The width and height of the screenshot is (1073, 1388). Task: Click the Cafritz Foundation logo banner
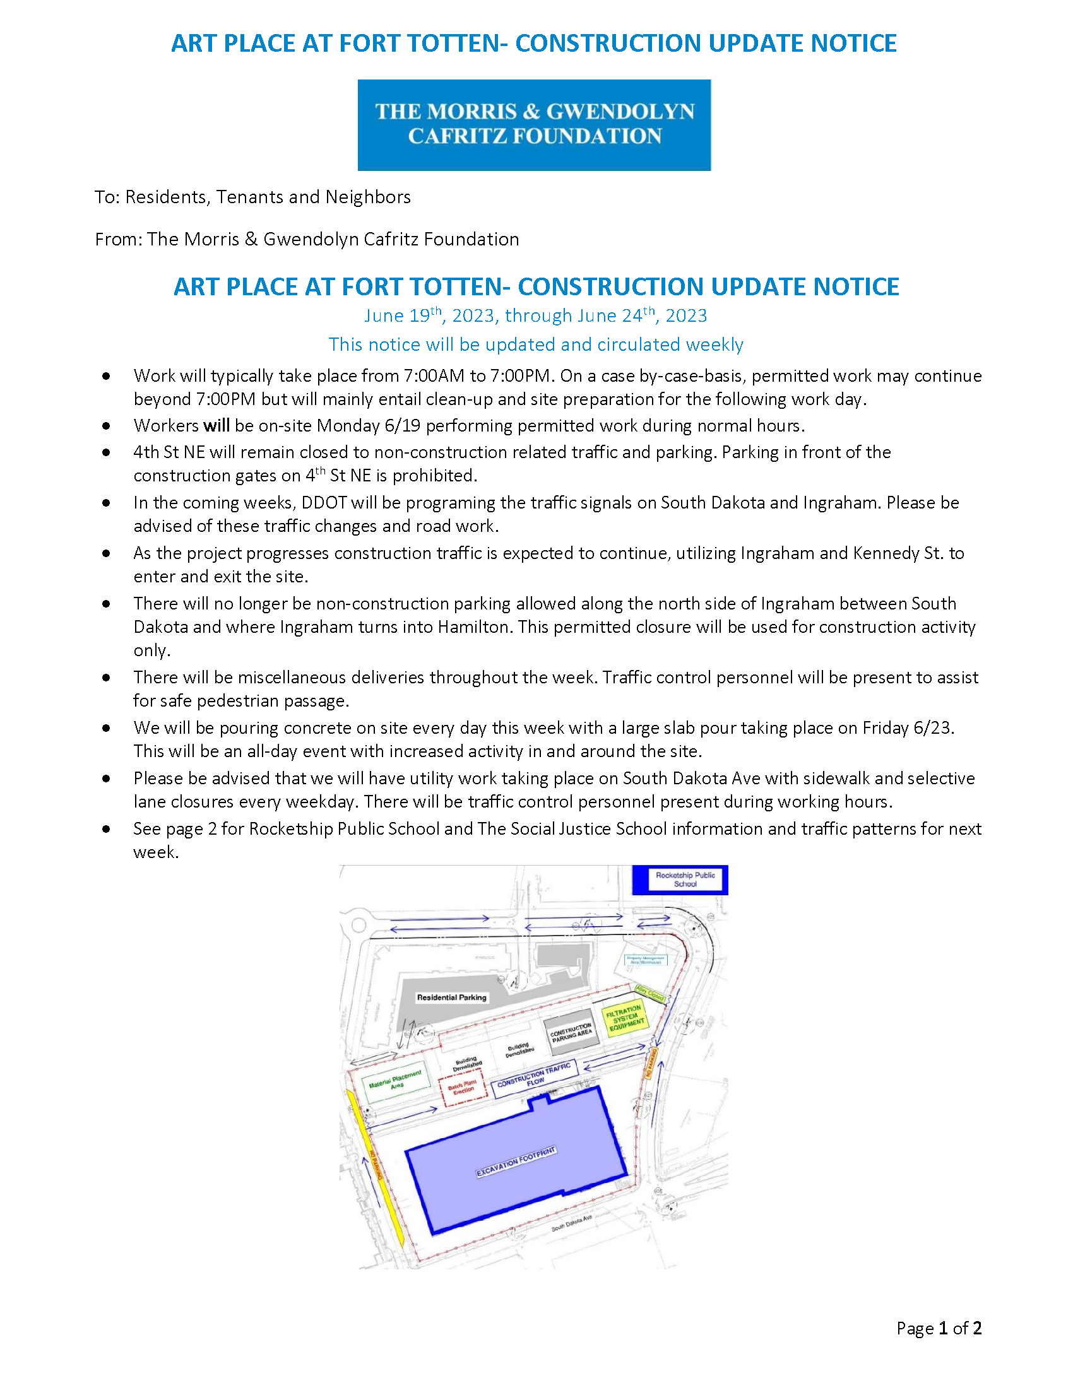pos(534,124)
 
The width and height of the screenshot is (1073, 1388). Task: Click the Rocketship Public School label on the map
pos(685,879)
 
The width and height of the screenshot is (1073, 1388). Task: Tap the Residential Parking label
pos(451,997)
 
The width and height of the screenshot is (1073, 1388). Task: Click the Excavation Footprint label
pos(516,1162)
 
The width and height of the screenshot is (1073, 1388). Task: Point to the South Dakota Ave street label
pos(571,1222)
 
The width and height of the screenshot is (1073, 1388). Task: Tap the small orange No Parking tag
pos(651,1063)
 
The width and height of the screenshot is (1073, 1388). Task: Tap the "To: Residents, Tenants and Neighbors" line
pos(253,197)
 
